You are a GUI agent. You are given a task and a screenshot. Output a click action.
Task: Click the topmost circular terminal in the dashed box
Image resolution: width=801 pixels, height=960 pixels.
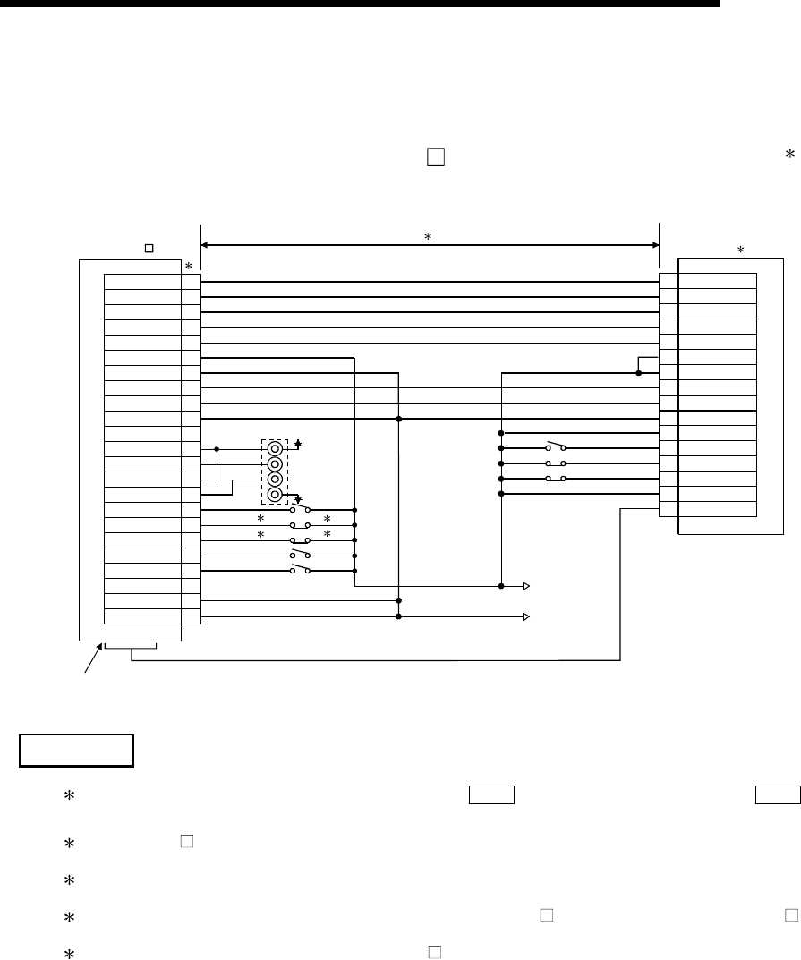pos(276,448)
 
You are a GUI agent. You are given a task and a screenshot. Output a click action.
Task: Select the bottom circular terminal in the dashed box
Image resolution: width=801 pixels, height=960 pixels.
pos(276,495)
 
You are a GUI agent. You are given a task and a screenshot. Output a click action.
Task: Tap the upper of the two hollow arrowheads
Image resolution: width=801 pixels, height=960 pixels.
pos(527,586)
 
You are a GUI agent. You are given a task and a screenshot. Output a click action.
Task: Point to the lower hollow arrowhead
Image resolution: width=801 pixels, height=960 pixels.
pos(527,616)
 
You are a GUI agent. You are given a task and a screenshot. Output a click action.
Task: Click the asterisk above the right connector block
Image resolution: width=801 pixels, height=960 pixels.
pos(740,251)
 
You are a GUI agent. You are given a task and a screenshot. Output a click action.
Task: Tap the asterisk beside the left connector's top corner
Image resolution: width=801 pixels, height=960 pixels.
pos(188,267)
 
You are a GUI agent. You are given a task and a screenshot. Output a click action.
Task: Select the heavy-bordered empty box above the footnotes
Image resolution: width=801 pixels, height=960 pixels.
pos(76,750)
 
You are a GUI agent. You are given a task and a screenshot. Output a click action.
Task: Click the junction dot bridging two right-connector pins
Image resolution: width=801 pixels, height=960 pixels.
pos(638,372)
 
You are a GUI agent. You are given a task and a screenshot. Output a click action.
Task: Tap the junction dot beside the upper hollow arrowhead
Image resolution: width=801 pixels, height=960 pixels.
pos(502,586)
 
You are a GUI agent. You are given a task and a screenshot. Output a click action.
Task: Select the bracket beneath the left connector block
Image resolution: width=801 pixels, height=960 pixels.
pos(131,646)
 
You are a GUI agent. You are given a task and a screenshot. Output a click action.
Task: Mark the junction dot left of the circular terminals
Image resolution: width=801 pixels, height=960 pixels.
pos(217,449)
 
